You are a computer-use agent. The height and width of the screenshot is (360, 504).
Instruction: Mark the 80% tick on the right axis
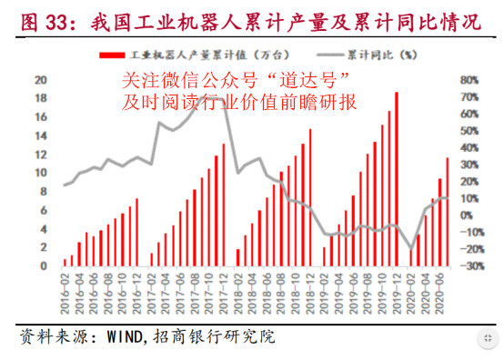point(469,79)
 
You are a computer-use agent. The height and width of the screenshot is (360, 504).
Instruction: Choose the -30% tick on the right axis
point(469,266)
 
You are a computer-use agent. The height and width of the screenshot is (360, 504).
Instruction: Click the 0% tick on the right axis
point(469,215)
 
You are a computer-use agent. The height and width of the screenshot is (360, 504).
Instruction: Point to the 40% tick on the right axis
point(469,147)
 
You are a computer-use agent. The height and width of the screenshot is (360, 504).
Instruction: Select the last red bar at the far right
point(447,212)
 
